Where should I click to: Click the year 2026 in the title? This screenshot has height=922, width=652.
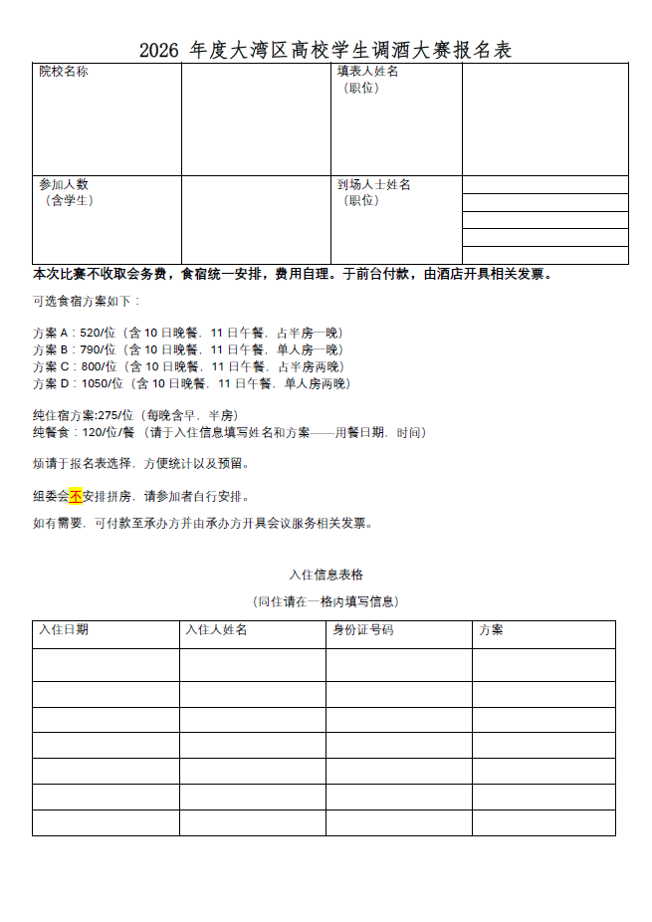pos(157,50)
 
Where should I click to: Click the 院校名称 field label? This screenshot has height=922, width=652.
pos(63,72)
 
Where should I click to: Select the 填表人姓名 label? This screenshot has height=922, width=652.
pos(367,72)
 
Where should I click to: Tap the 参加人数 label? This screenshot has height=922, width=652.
pos(63,184)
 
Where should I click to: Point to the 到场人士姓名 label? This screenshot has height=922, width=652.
pos(373,184)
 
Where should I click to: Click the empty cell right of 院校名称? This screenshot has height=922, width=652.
pos(256,119)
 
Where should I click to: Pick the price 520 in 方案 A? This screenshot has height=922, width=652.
pos(91,333)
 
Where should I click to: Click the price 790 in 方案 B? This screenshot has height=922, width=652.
pos(91,349)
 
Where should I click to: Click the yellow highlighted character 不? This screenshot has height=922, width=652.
pos(76,496)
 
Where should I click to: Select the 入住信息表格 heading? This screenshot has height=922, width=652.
pos(326,575)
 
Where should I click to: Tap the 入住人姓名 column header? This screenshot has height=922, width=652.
pos(216,629)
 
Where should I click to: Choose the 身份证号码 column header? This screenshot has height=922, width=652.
pos(362,629)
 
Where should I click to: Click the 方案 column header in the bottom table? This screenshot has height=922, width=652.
pos(491,629)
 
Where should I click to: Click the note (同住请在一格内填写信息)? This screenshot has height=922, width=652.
pos(326,601)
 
